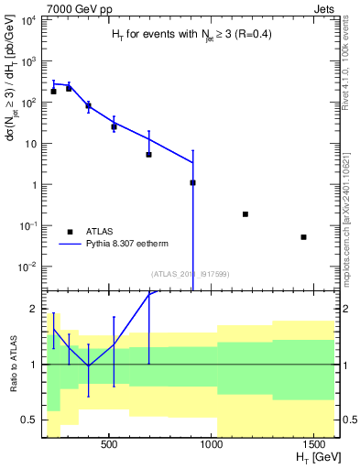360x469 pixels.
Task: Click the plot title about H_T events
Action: [185, 34]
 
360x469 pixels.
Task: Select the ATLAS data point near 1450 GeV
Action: [304, 237]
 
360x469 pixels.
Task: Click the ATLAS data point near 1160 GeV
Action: [245, 214]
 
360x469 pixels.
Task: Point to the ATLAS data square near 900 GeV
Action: [193, 182]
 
